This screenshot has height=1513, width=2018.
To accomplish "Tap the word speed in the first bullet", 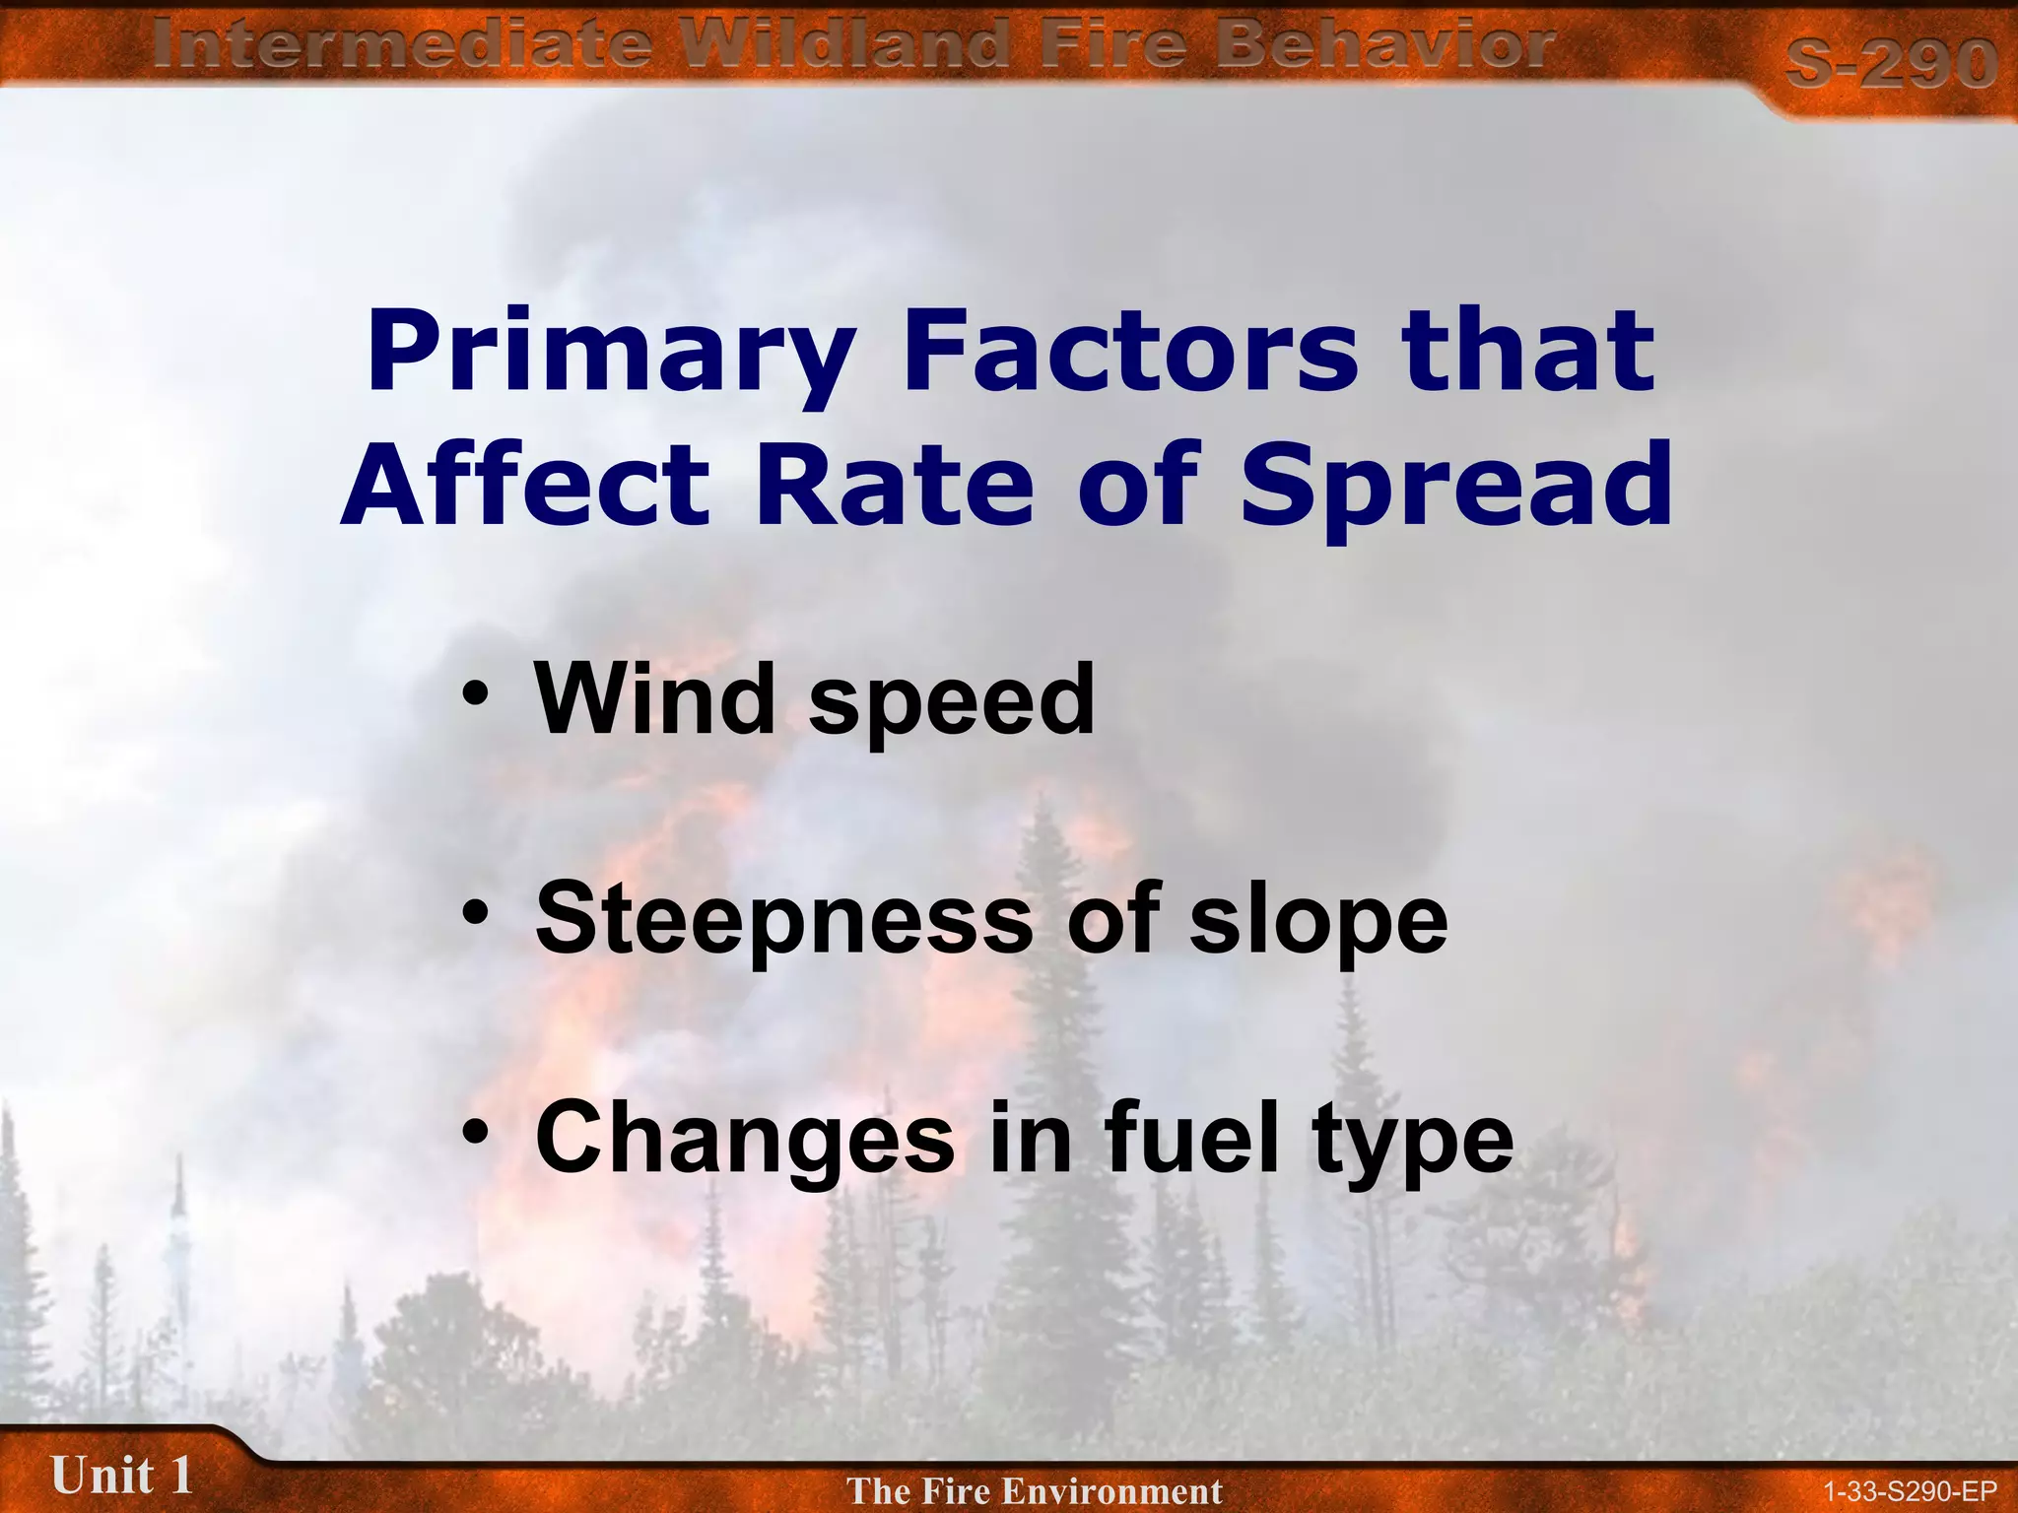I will [951, 701].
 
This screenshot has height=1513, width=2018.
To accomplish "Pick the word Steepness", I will [783, 918].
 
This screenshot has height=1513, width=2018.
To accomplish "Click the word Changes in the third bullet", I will [745, 1138].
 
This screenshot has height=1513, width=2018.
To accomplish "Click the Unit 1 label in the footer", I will [121, 1476].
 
